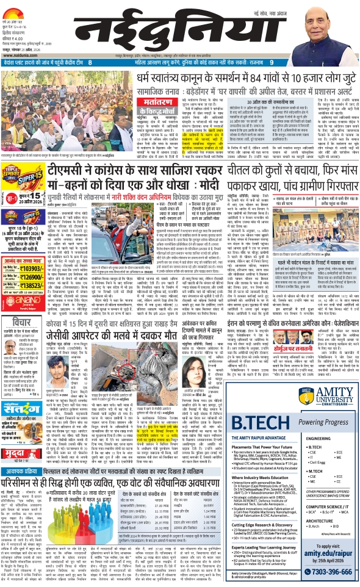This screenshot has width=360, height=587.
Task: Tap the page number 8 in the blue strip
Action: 90,62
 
